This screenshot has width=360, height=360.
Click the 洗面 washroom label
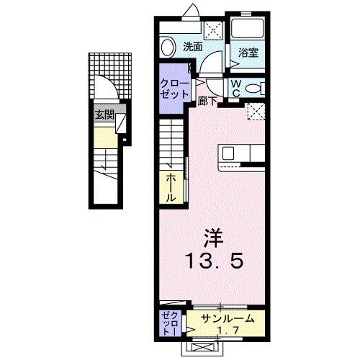coord(192,47)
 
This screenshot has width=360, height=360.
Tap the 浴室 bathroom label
coord(248,52)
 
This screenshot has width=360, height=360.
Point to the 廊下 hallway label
coord(208,102)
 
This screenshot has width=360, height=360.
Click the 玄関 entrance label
coord(104,115)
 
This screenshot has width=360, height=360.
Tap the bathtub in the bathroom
coord(249,29)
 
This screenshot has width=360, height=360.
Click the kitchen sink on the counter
coord(229,153)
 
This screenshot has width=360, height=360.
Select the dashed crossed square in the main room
coord(256,111)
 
